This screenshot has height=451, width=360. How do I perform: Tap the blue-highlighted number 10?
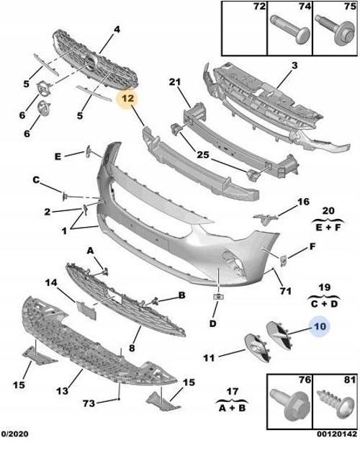point(318,326)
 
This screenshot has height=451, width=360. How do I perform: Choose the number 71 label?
point(285,291)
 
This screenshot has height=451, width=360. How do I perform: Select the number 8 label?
point(132,348)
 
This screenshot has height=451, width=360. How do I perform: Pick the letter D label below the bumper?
point(213,323)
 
